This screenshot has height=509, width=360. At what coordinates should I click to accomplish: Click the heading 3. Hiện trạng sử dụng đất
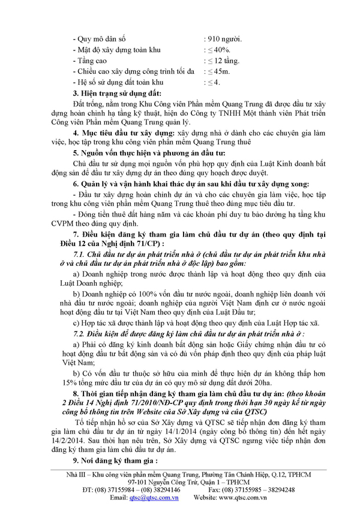pos(119,94)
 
